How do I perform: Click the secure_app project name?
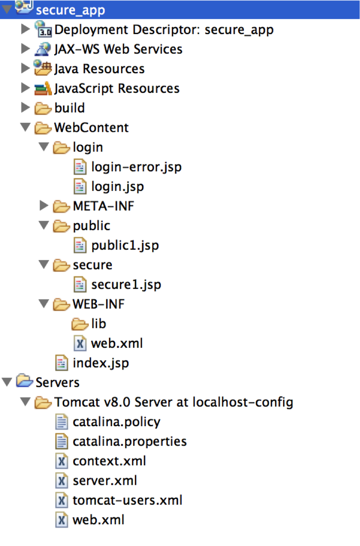click(x=70, y=10)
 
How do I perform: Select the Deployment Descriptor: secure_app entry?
click(x=164, y=30)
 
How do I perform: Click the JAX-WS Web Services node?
click(x=118, y=49)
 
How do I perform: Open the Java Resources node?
click(x=99, y=69)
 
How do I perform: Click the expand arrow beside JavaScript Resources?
click(x=26, y=88)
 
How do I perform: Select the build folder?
click(x=69, y=108)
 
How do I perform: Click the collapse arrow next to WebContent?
click(x=26, y=128)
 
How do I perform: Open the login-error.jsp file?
click(x=136, y=167)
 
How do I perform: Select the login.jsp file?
click(x=117, y=186)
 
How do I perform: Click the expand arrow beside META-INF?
click(x=44, y=205)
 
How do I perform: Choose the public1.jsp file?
click(x=125, y=245)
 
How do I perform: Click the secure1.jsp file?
click(x=126, y=285)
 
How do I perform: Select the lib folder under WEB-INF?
click(x=98, y=323)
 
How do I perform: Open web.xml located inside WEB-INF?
click(x=117, y=343)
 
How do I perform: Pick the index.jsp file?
click(x=100, y=363)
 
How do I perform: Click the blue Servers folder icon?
click(x=24, y=381)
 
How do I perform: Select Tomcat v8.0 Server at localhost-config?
click(x=173, y=402)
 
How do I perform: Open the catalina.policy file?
click(x=116, y=422)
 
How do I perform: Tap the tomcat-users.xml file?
click(x=127, y=500)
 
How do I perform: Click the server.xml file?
click(x=104, y=481)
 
